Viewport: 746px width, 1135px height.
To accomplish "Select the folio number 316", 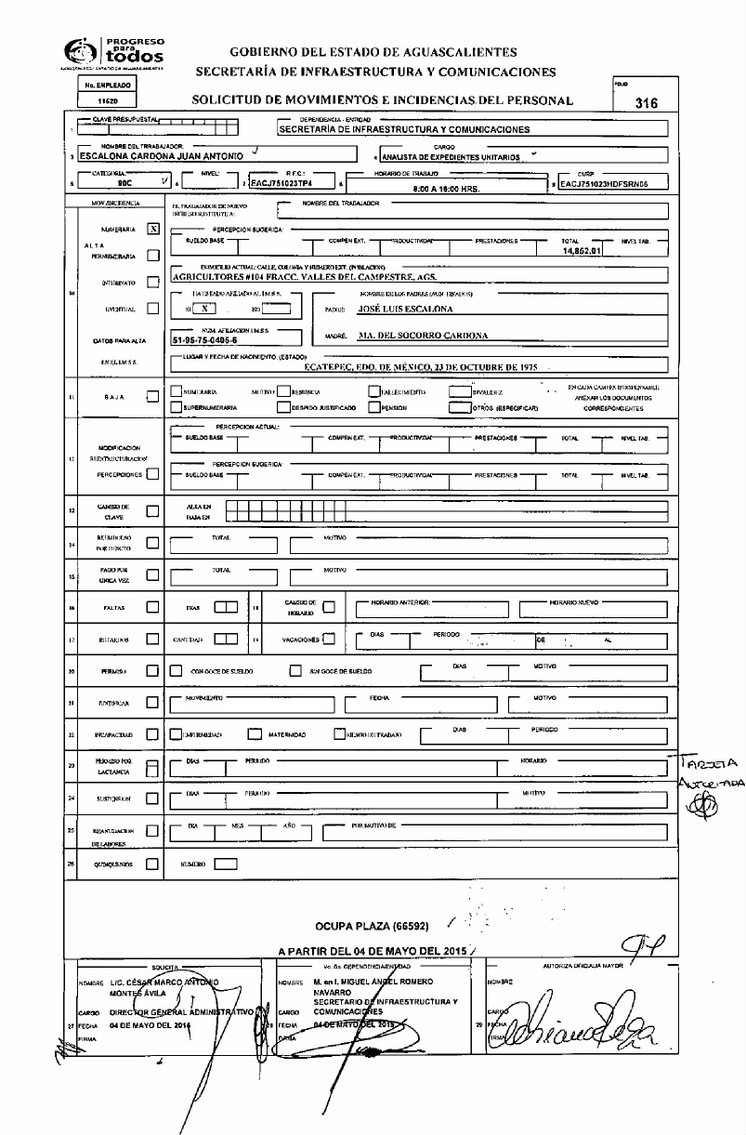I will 646,104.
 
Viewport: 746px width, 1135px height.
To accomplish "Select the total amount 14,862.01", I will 582,251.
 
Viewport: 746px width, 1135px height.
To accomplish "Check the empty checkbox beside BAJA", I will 153,396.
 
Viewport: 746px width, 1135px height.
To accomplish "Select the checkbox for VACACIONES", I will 329,640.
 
